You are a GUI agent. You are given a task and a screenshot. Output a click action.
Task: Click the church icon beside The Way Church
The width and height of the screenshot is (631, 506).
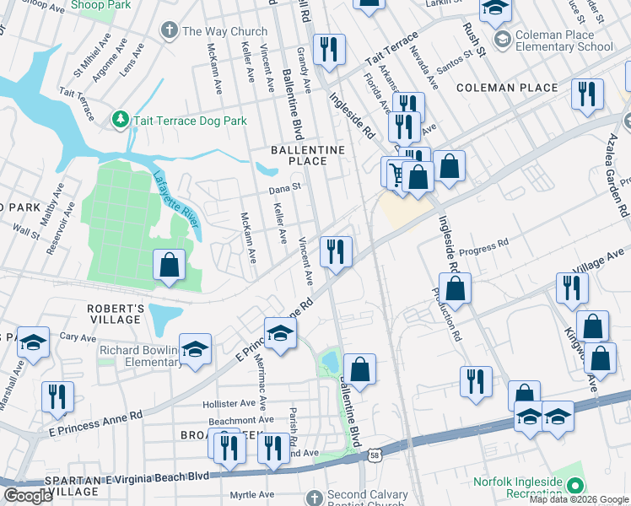170,31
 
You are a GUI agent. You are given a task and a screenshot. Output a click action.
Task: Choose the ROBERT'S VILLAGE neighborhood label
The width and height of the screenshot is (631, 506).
115,314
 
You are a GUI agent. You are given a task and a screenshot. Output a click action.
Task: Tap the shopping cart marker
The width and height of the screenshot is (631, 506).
395,174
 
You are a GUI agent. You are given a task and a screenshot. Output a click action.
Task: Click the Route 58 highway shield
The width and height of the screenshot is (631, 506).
375,456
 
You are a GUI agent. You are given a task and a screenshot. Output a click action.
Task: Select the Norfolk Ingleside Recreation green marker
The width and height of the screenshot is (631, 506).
576,486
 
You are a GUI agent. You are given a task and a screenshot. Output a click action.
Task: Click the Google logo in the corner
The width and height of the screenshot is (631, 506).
28,496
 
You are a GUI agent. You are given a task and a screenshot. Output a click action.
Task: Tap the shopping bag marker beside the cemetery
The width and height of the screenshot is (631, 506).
170,264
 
